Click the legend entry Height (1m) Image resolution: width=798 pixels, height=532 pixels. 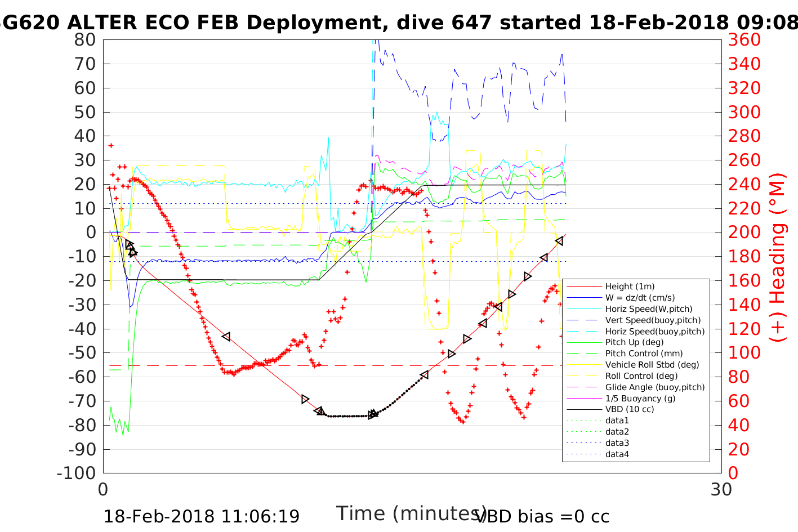(630, 287)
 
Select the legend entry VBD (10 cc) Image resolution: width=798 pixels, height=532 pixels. (630, 409)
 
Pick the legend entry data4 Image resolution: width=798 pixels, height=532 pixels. (617, 454)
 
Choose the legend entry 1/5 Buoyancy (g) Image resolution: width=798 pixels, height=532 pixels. (640, 398)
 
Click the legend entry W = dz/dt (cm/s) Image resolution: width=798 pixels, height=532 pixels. (640, 298)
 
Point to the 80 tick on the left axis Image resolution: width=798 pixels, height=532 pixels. (85, 40)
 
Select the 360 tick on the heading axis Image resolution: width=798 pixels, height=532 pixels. (744, 40)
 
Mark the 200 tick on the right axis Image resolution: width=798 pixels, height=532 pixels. (744, 233)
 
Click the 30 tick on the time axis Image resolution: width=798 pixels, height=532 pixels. (721, 489)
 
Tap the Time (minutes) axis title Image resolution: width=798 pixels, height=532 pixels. (411, 513)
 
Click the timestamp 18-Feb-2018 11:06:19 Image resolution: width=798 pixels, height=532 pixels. (202, 516)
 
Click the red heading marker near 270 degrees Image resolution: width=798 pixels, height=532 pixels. (111, 146)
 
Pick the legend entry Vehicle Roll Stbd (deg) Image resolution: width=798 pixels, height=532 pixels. (652, 365)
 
